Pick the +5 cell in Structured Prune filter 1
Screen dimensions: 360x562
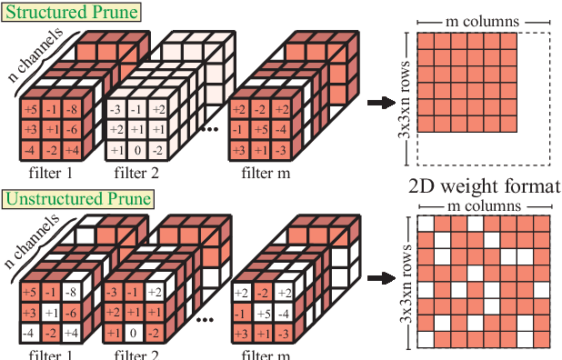[x=30, y=111]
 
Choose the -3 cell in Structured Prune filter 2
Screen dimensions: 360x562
[x=115, y=111]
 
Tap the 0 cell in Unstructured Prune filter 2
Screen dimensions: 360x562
[x=135, y=333]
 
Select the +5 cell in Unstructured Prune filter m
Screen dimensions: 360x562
[x=262, y=313]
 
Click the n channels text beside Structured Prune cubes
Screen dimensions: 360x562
[x=35, y=55]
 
